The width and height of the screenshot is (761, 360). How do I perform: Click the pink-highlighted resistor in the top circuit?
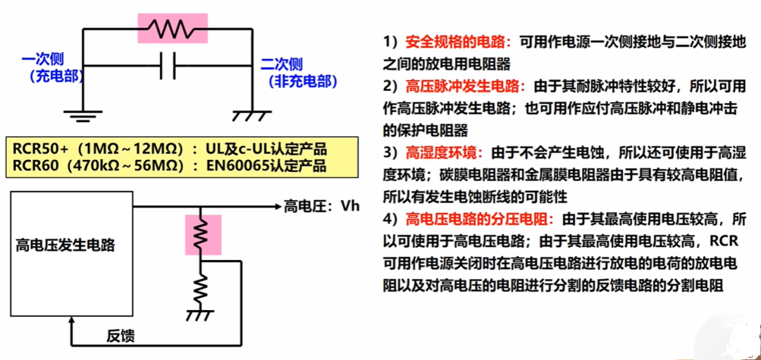click(x=173, y=29)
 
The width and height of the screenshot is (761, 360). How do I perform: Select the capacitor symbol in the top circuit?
click(x=168, y=66)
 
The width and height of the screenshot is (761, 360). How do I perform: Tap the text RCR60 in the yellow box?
click(x=31, y=166)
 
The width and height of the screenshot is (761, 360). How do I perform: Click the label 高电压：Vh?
click(x=321, y=206)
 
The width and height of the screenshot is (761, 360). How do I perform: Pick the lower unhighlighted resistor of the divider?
click(x=201, y=287)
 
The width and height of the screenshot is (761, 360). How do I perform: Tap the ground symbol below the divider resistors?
click(x=199, y=314)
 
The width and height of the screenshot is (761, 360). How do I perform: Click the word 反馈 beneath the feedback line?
click(x=120, y=336)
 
